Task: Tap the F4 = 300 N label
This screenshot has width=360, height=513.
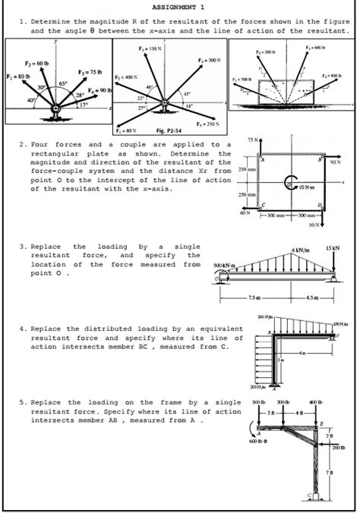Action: pos(207,60)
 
